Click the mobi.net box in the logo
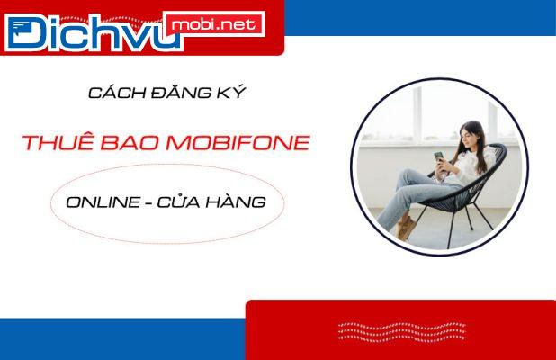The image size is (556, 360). point(213,24)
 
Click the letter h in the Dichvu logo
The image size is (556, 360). point(101,31)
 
